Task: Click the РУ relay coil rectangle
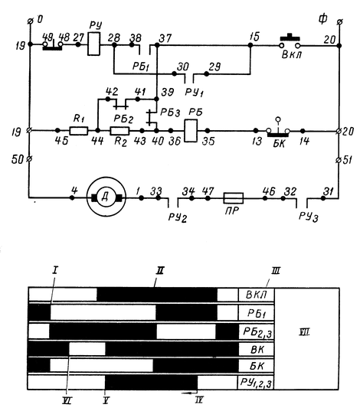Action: coord(93,44)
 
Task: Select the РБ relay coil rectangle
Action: coord(191,131)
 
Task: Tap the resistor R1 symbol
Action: coord(79,131)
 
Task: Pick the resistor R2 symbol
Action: coord(119,131)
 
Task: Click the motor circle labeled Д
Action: coord(106,197)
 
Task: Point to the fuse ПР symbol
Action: coord(234,198)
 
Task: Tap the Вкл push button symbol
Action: coord(290,42)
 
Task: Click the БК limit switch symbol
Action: coord(278,130)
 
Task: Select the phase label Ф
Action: coord(322,19)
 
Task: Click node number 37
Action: coord(165,38)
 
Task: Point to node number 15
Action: coord(254,37)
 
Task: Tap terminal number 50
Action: coord(18,160)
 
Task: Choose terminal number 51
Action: coord(348,160)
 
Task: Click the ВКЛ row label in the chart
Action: coord(256,295)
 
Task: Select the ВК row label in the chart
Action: coord(257,350)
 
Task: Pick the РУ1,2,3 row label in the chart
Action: coord(256,383)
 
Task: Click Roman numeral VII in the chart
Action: coord(304,333)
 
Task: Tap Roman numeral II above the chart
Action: coord(160,271)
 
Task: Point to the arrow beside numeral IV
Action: coord(189,393)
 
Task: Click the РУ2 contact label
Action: coord(178,217)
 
